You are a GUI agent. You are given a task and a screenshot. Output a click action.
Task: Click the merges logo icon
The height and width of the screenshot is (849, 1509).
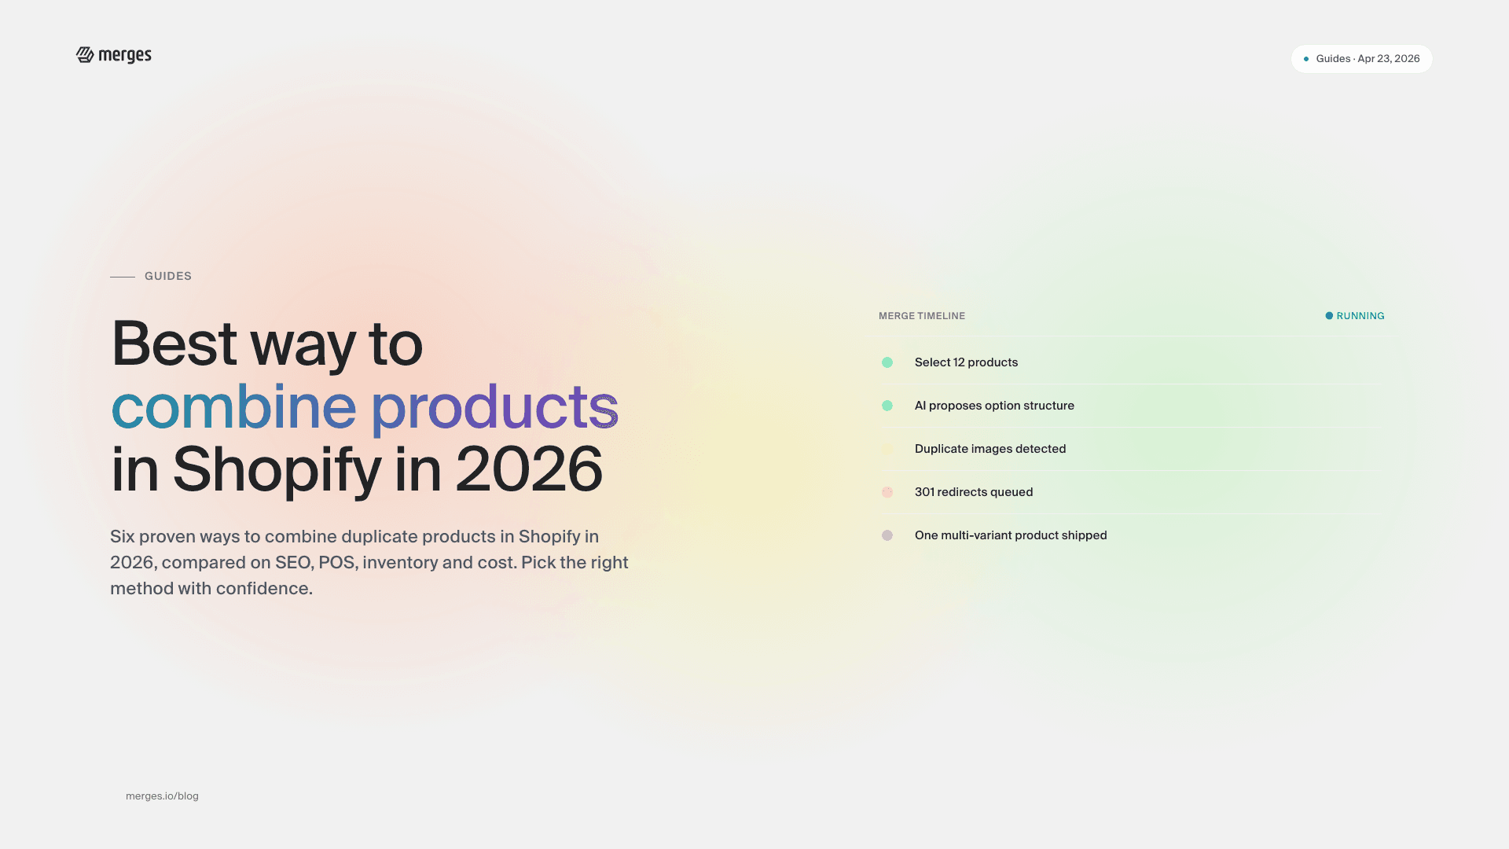coord(85,54)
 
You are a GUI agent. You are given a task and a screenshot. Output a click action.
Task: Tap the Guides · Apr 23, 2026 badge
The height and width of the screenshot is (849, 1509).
coord(1361,59)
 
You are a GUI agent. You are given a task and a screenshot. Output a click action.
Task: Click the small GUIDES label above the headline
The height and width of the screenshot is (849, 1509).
coord(168,276)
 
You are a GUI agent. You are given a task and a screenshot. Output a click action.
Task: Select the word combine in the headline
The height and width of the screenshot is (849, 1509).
coord(234,406)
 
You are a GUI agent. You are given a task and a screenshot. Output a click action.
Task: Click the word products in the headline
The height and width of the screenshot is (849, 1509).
coord(494,406)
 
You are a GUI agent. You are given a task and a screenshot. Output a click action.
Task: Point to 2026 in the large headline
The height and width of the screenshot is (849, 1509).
coord(528,469)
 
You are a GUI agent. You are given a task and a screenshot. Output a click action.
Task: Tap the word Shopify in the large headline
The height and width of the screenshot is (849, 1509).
coord(277,469)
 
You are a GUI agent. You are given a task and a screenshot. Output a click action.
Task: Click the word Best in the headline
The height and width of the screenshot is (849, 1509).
coord(174,344)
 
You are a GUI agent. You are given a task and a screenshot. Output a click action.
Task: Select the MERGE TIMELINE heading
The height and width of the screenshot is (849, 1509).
coord(922,316)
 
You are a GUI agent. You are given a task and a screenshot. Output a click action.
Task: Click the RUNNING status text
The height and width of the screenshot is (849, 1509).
coord(1360,316)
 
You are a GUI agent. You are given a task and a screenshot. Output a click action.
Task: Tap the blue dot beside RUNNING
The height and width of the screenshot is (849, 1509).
coord(1329,316)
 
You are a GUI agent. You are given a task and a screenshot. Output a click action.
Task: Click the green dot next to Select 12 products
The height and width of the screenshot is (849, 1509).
coord(887,362)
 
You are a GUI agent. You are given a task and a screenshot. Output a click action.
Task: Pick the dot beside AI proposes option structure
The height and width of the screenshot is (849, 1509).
coord(887,406)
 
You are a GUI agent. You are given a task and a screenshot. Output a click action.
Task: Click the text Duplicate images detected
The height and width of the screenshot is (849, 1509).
coord(990,449)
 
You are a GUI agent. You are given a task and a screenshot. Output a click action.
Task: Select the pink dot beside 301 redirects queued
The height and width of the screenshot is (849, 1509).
coord(887,492)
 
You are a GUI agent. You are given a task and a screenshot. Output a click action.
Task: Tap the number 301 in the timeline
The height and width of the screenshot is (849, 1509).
coord(924,492)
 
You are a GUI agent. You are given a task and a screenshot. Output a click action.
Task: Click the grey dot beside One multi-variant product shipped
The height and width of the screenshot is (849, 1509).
coord(887,535)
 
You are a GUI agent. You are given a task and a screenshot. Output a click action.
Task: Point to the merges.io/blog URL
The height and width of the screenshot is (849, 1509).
coord(162,796)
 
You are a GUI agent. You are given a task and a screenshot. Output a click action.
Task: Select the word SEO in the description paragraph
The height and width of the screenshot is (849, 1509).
coord(292,563)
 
